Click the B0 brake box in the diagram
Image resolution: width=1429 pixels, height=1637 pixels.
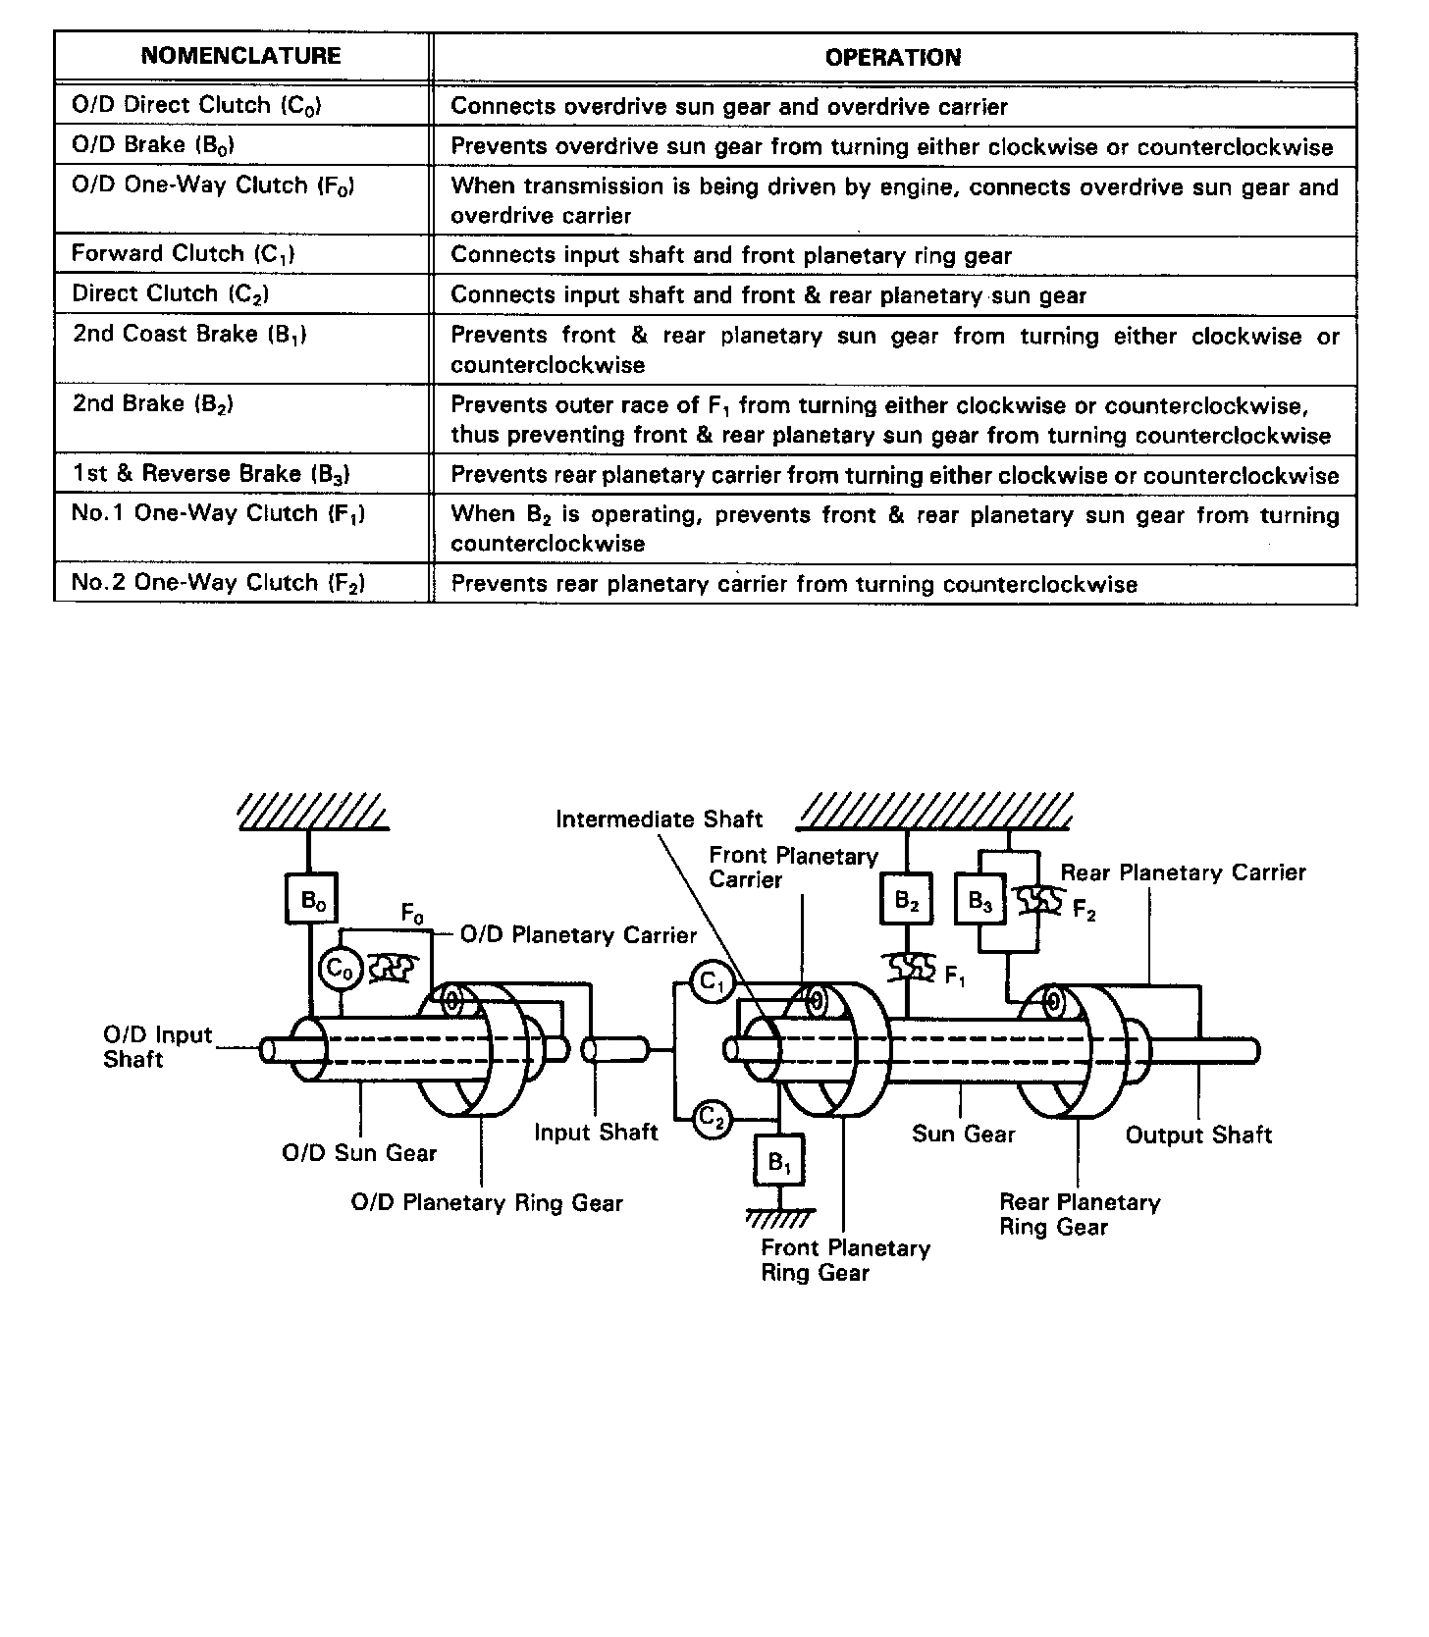pos(312,898)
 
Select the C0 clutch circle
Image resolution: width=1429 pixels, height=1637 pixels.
pos(339,970)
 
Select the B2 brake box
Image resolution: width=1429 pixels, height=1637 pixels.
pos(906,899)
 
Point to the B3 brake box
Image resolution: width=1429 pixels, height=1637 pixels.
pos(980,900)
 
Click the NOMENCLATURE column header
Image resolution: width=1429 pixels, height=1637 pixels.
pos(241,56)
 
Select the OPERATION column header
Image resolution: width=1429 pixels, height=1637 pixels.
pos(893,57)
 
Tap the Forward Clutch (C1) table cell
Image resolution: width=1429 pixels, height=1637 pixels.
pos(184,254)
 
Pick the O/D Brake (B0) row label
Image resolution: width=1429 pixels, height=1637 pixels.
pos(153,145)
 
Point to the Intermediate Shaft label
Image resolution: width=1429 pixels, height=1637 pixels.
pos(659,819)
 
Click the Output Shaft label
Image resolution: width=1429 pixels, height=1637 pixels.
pos(1198,1135)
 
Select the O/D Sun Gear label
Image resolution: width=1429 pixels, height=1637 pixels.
pos(359,1152)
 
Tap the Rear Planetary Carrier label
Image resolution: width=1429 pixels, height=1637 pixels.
pos(1184,872)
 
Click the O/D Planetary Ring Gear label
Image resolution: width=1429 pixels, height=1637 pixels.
pos(487,1203)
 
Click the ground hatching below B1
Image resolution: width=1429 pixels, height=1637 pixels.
pos(780,1220)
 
